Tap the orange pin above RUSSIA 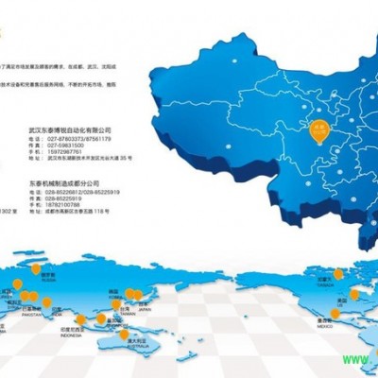click(36, 269)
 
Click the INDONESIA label click(97, 334)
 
